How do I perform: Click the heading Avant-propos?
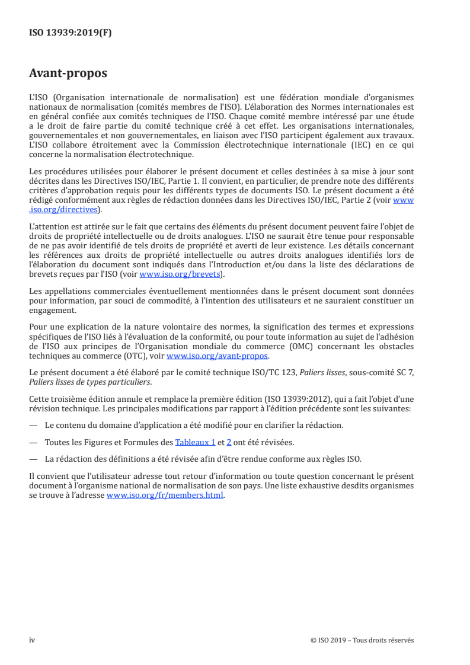pyautogui.click(x=68, y=73)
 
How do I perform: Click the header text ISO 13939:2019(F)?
pyautogui.click(x=70, y=33)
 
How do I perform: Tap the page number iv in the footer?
pyautogui.click(x=33, y=640)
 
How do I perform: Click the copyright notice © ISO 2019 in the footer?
pyautogui.click(x=362, y=640)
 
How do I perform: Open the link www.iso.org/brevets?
pyautogui.click(x=179, y=274)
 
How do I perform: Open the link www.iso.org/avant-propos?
pyautogui.click(x=218, y=356)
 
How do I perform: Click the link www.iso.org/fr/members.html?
pyautogui.click(x=165, y=495)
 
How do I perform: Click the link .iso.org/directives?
pyautogui.click(x=65, y=209)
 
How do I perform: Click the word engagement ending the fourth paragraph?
pyautogui.click(x=52, y=309)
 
